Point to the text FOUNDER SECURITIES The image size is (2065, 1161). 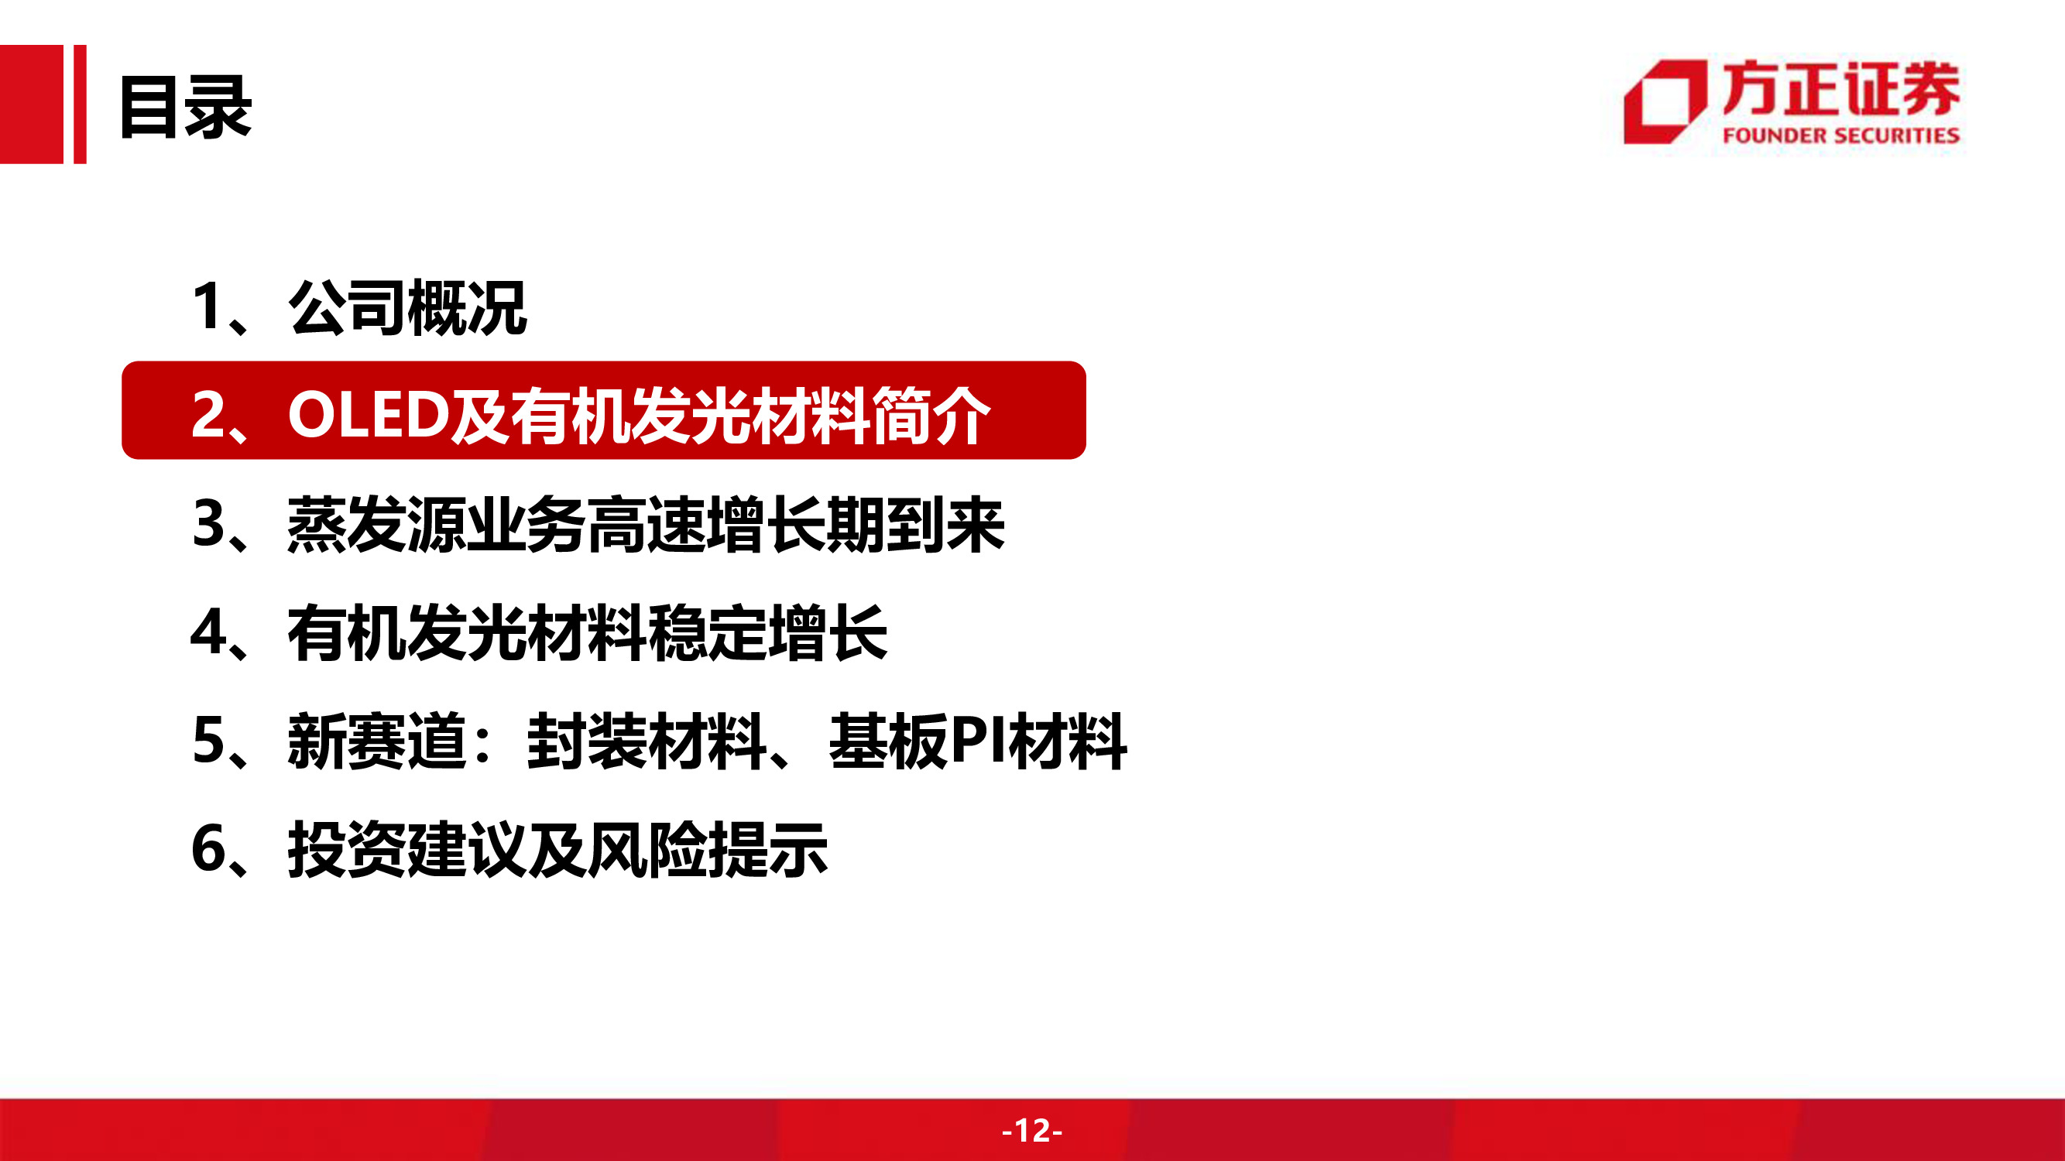click(x=1840, y=135)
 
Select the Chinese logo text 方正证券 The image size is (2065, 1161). click(x=1840, y=89)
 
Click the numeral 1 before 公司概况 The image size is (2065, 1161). click(x=207, y=307)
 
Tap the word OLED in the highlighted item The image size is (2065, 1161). click(x=369, y=414)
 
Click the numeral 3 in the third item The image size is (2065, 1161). click(x=208, y=524)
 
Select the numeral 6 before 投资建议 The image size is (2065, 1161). click(x=208, y=849)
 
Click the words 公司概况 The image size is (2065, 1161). click(x=407, y=308)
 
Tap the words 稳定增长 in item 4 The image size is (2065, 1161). click(x=767, y=633)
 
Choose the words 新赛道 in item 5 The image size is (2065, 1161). click(x=377, y=741)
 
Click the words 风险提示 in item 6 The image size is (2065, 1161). click(x=708, y=849)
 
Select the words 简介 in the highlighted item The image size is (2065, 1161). click(x=931, y=414)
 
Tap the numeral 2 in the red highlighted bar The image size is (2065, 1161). click(x=208, y=414)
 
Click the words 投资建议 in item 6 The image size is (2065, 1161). click(x=407, y=849)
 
